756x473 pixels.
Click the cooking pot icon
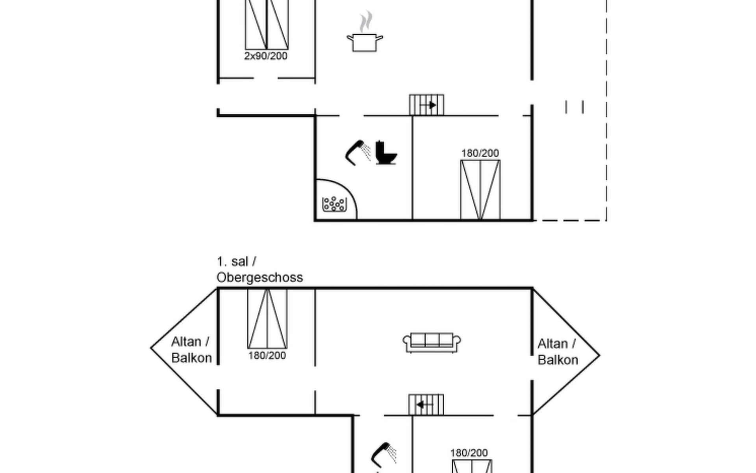[365, 43]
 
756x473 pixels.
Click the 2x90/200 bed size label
[266, 56]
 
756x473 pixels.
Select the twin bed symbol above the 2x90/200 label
[267, 24]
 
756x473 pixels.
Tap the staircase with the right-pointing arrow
[426, 105]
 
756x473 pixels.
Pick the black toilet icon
[385, 153]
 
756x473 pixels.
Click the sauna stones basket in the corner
[334, 204]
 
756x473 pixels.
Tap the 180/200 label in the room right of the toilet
[480, 153]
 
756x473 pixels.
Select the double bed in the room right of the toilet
[480, 190]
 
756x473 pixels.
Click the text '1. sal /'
[236, 261]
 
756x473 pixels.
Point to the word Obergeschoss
[260, 277]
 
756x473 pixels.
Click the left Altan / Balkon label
[191, 350]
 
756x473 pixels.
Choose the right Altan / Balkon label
[558, 352]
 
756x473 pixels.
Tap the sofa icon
[432, 342]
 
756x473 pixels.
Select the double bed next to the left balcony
[267, 318]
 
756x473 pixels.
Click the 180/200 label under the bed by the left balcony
[267, 356]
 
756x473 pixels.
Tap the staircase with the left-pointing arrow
[426, 405]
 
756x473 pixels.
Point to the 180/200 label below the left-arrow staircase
[469, 453]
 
